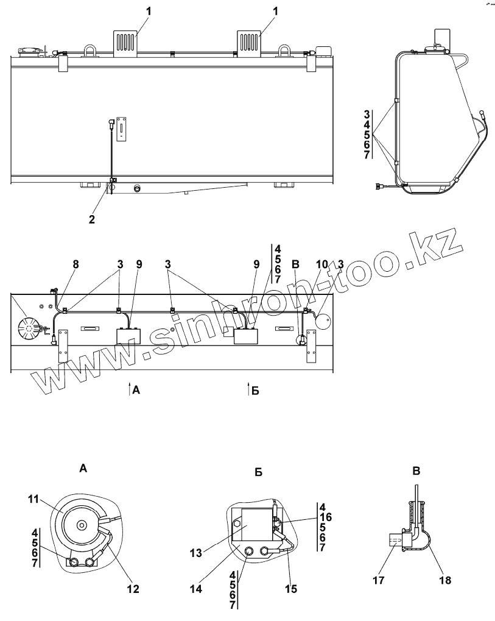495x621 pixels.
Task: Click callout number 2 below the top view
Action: (x=92, y=219)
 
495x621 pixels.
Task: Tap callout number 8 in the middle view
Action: (x=76, y=264)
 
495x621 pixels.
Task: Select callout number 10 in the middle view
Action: (x=322, y=264)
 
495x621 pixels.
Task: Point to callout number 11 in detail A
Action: (x=33, y=499)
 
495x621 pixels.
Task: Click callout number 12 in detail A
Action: (x=133, y=589)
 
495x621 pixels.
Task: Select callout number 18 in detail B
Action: (x=446, y=581)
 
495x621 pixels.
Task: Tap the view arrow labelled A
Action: (x=130, y=389)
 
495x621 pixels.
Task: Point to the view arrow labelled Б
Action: (x=248, y=389)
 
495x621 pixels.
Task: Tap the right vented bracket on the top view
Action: (x=248, y=43)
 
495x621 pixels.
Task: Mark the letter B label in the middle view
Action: (x=296, y=264)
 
